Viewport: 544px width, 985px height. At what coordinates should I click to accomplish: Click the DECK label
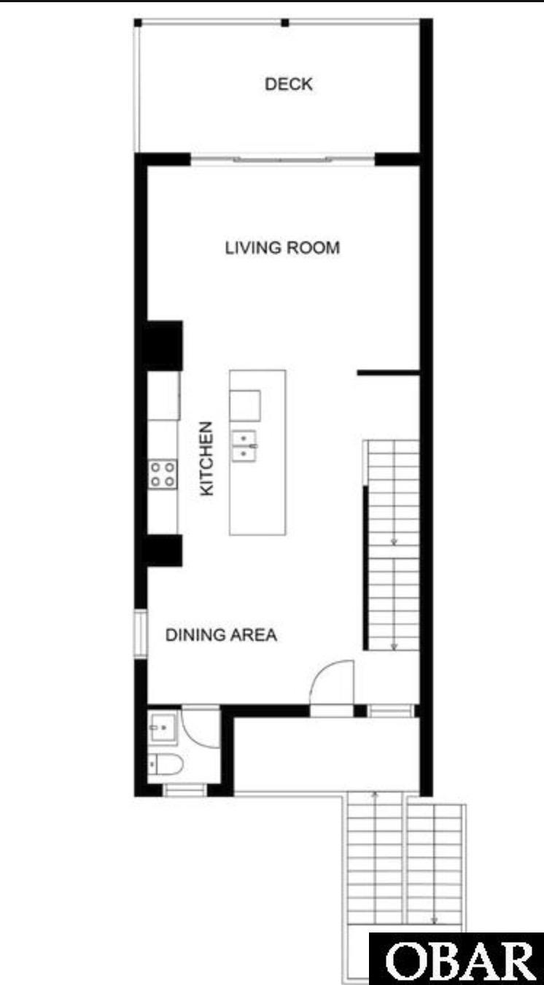pos(289,84)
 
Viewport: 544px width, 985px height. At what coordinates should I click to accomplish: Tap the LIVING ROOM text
pos(282,248)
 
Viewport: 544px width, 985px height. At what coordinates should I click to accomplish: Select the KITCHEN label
pos(206,458)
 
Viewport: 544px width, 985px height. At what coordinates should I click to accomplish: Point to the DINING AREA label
pos(221,634)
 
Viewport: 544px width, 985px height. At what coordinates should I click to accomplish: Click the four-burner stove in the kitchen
pos(163,475)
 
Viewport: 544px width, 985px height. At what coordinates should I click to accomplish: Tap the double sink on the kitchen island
pos(244,446)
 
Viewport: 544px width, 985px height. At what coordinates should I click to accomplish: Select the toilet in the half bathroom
pos(165,765)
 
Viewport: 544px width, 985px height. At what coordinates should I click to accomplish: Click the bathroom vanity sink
pos(163,728)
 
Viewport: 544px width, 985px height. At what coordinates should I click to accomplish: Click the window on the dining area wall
pos(140,634)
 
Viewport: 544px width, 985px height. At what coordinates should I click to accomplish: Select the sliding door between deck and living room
pos(282,159)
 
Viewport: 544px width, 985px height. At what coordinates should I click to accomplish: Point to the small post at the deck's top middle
pos(285,23)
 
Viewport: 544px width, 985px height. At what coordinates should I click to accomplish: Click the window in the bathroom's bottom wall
pos(184,790)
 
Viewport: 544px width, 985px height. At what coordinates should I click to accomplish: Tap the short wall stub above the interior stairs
pos(389,373)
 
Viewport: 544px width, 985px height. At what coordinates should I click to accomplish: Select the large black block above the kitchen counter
pos(163,346)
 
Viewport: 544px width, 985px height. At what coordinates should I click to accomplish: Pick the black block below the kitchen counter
pos(163,550)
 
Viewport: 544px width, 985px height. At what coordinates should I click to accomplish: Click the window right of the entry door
pos(391,711)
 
